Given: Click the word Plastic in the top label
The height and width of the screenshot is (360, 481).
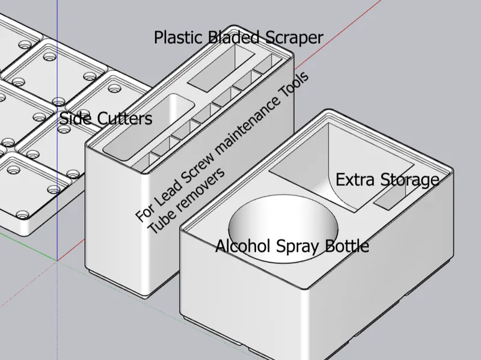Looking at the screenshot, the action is point(179,38).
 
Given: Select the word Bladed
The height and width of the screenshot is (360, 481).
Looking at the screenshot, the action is point(234,37).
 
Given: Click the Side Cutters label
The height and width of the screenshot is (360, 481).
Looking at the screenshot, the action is point(106,118).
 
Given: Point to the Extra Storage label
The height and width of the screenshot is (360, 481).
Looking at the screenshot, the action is point(387,180).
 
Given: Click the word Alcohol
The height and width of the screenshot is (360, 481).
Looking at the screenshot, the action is point(243,246).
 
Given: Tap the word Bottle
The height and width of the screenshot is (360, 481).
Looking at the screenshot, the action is point(347,246).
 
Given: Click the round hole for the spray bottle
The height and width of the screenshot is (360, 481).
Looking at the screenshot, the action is point(283,228).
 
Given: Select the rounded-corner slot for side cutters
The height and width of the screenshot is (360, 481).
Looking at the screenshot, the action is point(149,127).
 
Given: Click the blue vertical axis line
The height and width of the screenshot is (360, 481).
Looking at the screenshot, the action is point(57,130).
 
